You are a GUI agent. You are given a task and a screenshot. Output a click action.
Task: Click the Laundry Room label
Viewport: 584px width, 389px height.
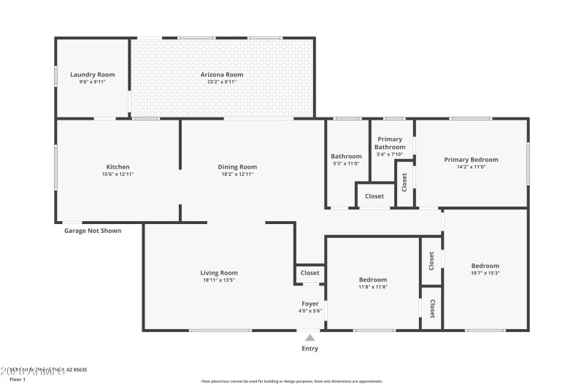coord(93,74)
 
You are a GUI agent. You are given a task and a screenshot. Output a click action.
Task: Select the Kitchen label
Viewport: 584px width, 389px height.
coord(118,166)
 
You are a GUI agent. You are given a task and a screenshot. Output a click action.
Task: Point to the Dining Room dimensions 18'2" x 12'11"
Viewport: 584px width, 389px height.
coord(238,174)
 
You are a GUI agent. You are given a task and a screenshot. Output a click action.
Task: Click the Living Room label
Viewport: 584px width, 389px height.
coord(219,273)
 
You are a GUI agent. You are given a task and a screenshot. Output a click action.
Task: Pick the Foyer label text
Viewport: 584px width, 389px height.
coord(310,303)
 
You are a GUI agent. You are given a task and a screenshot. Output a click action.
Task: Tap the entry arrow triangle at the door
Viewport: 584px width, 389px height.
coord(310,337)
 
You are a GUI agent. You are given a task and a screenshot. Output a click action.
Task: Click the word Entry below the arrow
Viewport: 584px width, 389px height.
coord(310,349)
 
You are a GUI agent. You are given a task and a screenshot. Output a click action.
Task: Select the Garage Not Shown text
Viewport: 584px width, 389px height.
coord(93,231)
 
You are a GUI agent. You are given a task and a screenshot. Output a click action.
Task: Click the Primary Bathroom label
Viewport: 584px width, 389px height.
coord(390,143)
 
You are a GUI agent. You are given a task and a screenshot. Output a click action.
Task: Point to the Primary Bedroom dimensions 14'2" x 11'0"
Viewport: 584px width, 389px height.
coord(471,167)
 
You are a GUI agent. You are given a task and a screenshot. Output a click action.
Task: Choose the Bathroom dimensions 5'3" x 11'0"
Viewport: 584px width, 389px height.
coord(346,163)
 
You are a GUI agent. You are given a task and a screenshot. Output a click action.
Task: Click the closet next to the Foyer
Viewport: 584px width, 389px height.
coord(310,273)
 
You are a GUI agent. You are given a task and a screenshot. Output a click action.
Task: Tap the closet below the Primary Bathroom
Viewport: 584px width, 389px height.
coord(374,196)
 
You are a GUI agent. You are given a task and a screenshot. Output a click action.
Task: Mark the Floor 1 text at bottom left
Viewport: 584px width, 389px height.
coord(17,380)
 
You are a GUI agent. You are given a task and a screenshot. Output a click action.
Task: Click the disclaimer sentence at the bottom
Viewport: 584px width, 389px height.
coord(291,381)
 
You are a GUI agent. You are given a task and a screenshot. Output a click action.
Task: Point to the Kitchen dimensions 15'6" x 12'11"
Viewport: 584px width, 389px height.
coord(118,174)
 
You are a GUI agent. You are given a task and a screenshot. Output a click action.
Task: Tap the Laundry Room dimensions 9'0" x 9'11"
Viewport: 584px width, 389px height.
coord(93,82)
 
